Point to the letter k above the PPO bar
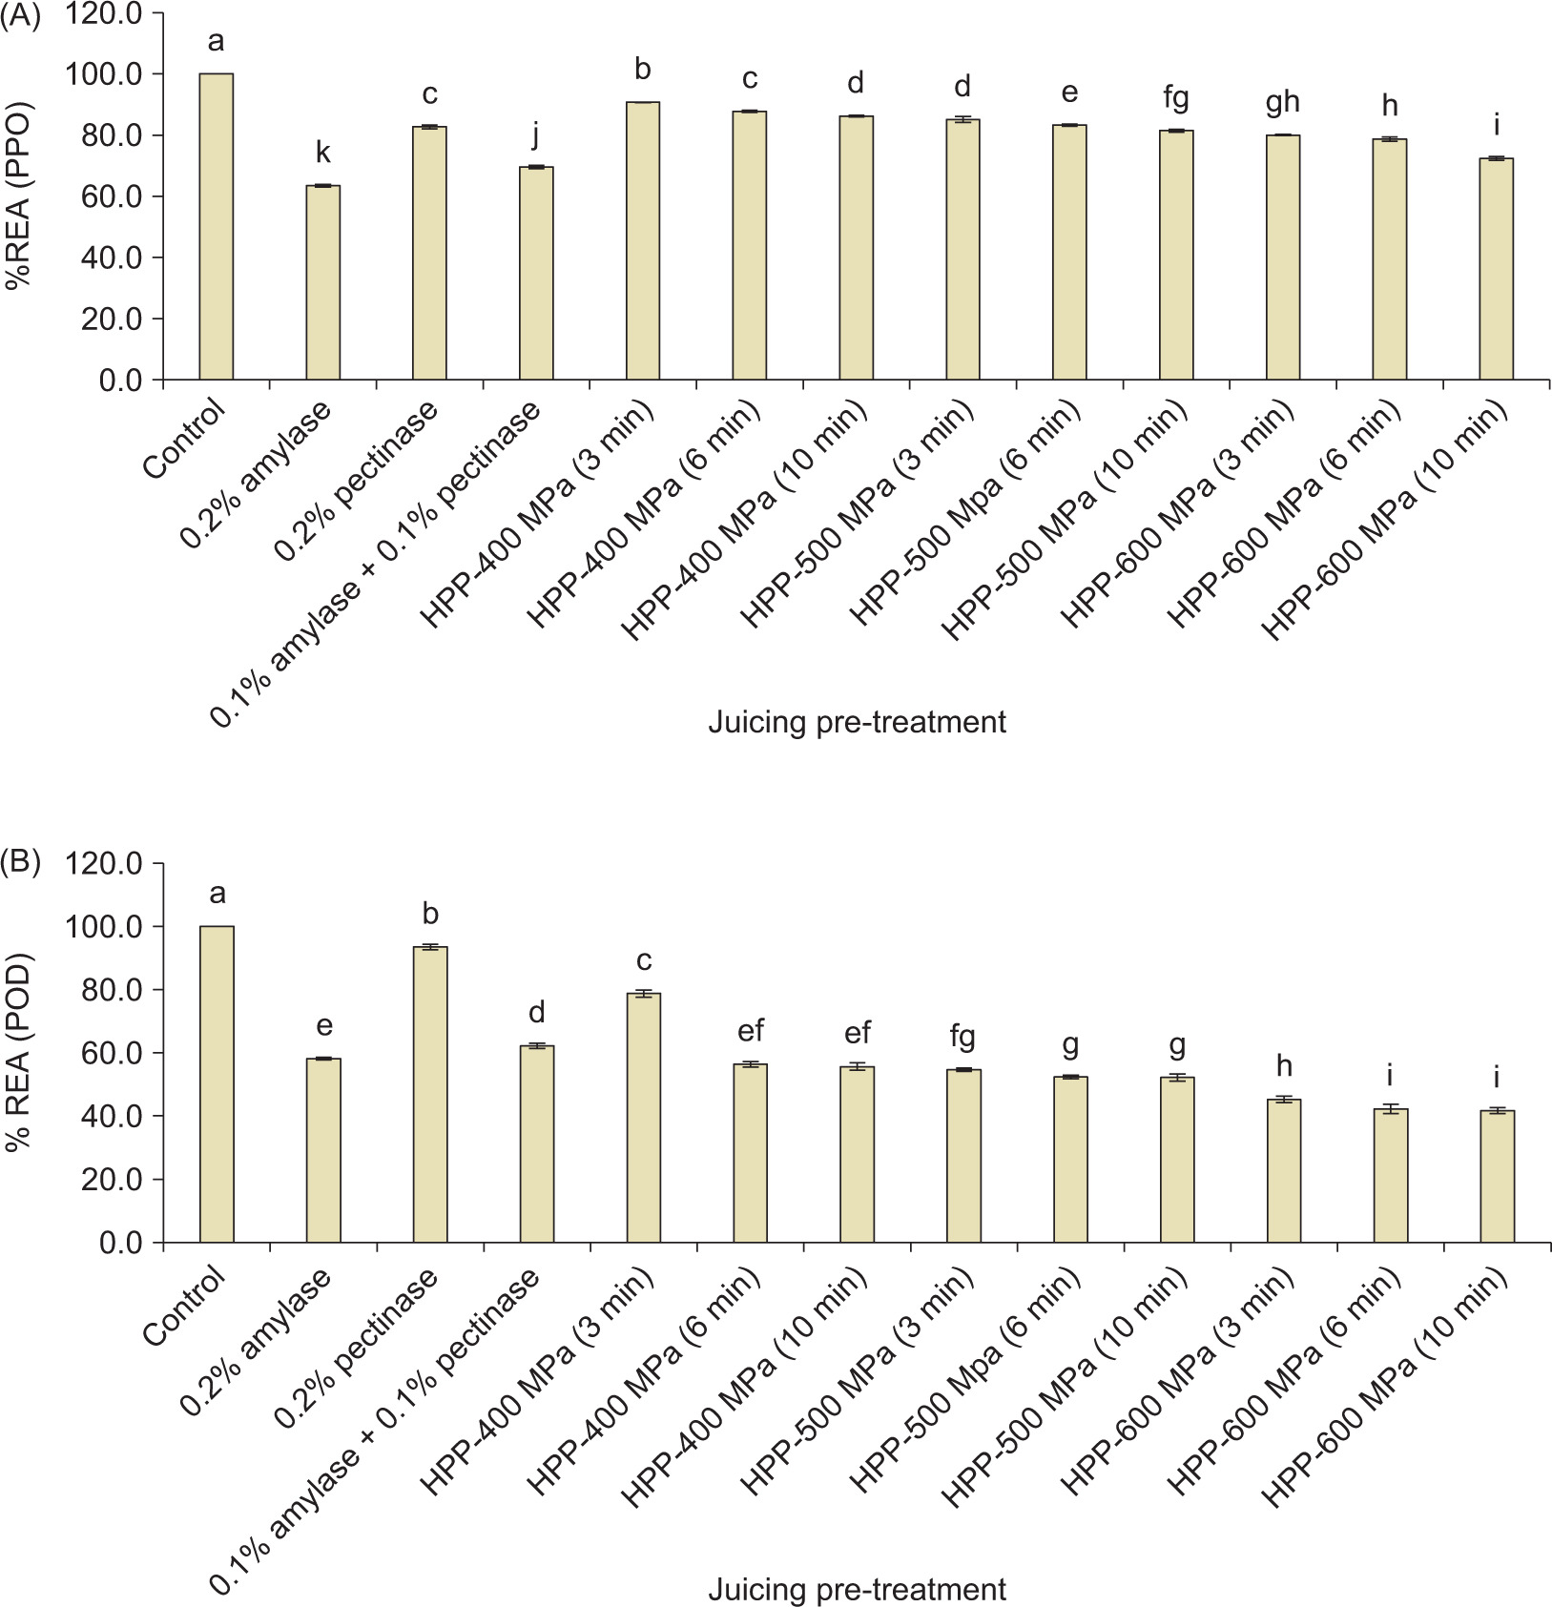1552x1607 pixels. [323, 153]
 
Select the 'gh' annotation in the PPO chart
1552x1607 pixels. [1283, 102]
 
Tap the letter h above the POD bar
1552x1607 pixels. [1283, 1065]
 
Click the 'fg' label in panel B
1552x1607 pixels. [962, 1035]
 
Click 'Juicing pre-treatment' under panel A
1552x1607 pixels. [857, 722]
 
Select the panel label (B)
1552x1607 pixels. [20, 862]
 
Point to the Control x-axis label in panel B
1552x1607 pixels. [186, 1306]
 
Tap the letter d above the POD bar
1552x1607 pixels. [536, 1012]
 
